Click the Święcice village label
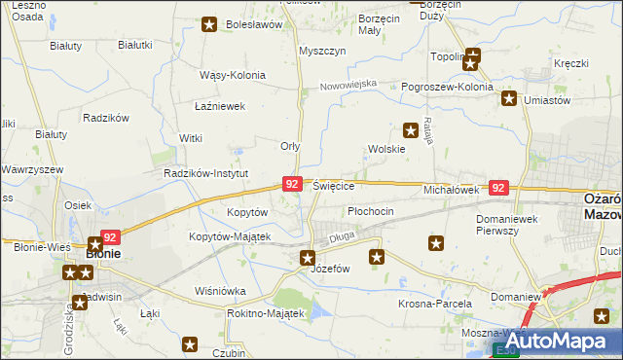pos(334,186)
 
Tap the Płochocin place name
pos(370,211)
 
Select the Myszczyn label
pos(323,51)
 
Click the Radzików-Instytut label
pos(206,173)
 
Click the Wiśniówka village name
pos(221,290)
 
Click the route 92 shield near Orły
pos(291,183)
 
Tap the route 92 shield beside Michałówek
pos(498,188)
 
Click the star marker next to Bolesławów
pos(208,24)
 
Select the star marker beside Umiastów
pos(509,98)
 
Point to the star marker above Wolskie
pos(411,128)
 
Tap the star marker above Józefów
pos(308,258)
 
